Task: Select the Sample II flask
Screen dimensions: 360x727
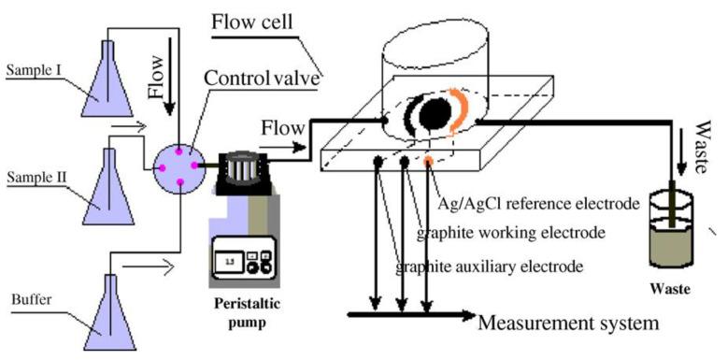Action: click(x=104, y=186)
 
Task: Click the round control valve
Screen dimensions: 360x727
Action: click(x=178, y=163)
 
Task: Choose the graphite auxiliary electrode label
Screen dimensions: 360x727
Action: click(x=490, y=266)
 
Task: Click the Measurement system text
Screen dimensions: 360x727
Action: click(x=568, y=324)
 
